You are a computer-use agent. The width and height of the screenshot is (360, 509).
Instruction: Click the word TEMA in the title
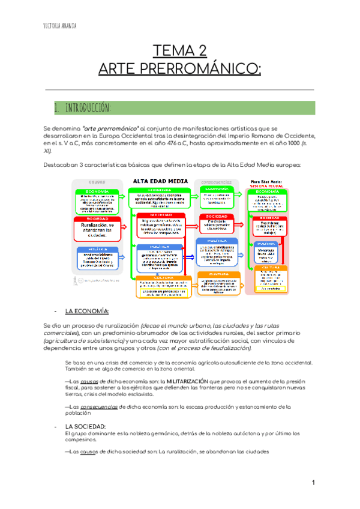(x=173, y=50)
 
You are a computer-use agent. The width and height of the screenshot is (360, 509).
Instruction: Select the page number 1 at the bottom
(x=313, y=483)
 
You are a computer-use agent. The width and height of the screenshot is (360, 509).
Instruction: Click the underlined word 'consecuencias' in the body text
(x=99, y=406)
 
